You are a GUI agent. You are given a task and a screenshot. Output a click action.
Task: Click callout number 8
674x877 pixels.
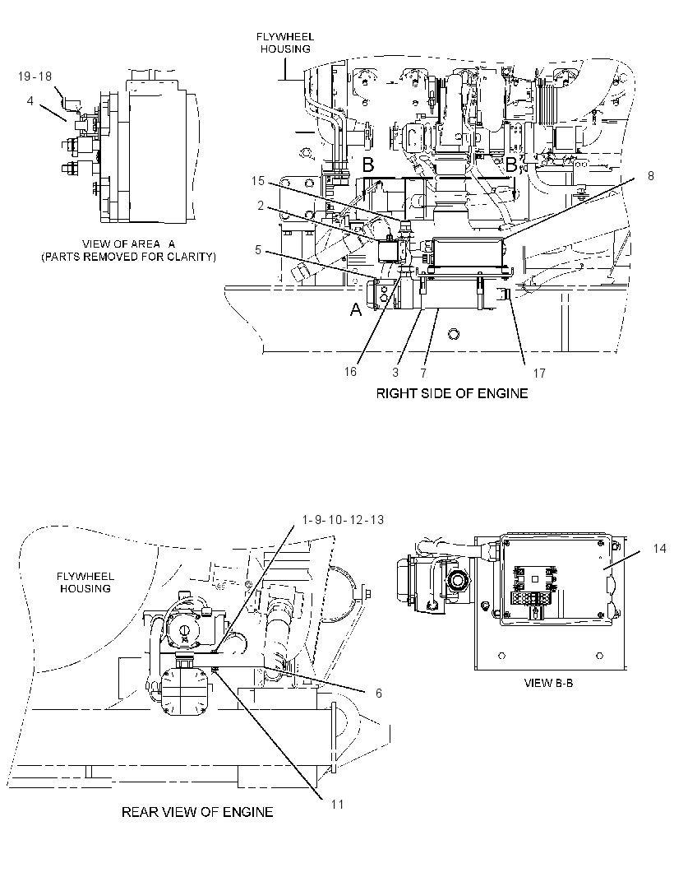pyautogui.click(x=650, y=175)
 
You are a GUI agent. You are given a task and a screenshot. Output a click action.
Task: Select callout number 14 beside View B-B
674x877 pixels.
pyautogui.click(x=659, y=549)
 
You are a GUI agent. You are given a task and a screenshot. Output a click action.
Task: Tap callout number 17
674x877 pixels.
pyautogui.click(x=538, y=373)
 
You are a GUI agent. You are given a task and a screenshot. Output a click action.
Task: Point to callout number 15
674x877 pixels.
pyautogui.click(x=257, y=181)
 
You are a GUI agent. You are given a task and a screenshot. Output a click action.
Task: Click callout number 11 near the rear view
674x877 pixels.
pyautogui.click(x=337, y=804)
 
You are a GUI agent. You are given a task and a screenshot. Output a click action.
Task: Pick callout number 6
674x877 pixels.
pyautogui.click(x=378, y=694)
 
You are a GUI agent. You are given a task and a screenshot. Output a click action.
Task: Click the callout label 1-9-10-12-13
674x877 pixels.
pyautogui.click(x=343, y=520)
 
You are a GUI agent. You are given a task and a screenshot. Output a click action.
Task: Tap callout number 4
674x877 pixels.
pyautogui.click(x=30, y=100)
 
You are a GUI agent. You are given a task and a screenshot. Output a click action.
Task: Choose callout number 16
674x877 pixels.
pyautogui.click(x=350, y=372)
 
